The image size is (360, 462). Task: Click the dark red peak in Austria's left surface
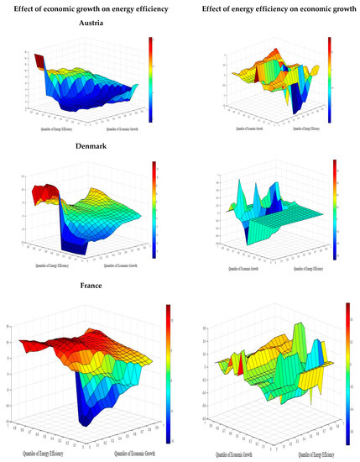(x=39, y=60)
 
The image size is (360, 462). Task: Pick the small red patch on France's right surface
(x=238, y=365)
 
